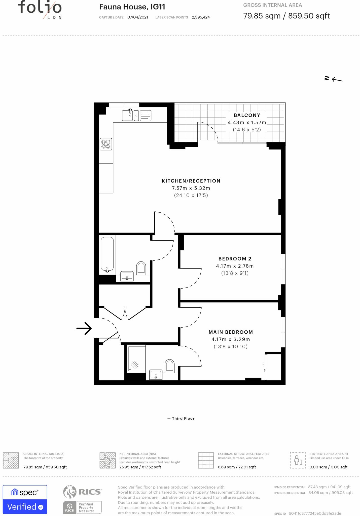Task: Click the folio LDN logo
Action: (x=40, y=10)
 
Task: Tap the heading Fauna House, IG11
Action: (x=132, y=7)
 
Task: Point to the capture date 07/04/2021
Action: (x=138, y=17)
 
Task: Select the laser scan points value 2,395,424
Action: (x=201, y=17)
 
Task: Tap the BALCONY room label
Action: (x=247, y=115)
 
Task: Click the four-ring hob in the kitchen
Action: (x=106, y=144)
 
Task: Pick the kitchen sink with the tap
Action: (x=128, y=115)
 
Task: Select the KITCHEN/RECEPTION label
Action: (x=191, y=181)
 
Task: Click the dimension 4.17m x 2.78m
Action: (x=235, y=266)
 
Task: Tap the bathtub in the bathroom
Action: (x=107, y=254)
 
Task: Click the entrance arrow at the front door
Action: (x=84, y=328)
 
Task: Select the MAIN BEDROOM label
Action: (x=231, y=332)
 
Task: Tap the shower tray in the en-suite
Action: (x=137, y=359)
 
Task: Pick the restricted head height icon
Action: (x=298, y=460)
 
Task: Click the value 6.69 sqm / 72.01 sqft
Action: (x=237, y=467)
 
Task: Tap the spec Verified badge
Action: (x=25, y=499)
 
